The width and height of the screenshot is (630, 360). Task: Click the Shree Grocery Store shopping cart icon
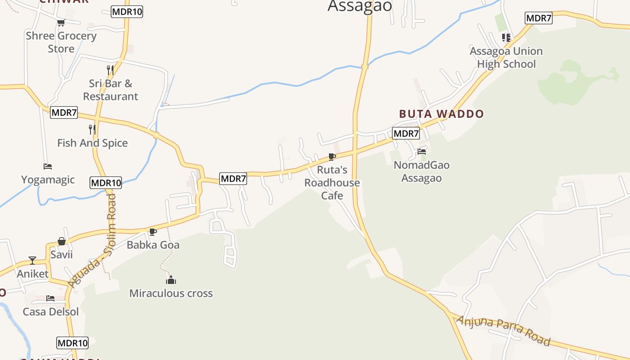point(61,22)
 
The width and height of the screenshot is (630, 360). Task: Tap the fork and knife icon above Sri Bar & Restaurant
point(110,70)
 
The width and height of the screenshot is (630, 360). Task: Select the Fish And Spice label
point(92,143)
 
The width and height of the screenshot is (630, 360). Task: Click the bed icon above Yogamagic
point(48,166)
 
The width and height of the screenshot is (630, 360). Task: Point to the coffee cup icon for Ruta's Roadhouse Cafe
point(332,157)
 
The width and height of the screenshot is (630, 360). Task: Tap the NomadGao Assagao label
point(421,171)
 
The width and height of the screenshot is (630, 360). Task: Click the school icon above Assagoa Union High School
point(506,38)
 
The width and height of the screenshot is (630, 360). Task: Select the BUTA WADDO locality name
point(441,114)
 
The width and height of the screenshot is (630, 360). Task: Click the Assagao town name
point(360,6)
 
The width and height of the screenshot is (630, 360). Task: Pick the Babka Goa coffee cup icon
point(153,232)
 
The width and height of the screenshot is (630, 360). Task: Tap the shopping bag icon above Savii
point(62,242)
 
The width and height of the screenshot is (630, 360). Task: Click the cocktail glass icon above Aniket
point(32,260)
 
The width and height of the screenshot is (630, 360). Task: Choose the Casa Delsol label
point(51,312)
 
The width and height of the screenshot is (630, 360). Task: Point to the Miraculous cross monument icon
point(171,280)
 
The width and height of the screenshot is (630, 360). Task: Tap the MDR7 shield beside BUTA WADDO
point(406,133)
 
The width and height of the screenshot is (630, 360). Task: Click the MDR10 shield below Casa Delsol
point(72,343)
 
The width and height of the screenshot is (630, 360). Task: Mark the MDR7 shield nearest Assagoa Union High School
point(538,18)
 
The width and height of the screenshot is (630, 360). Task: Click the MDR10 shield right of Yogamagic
point(106,183)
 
